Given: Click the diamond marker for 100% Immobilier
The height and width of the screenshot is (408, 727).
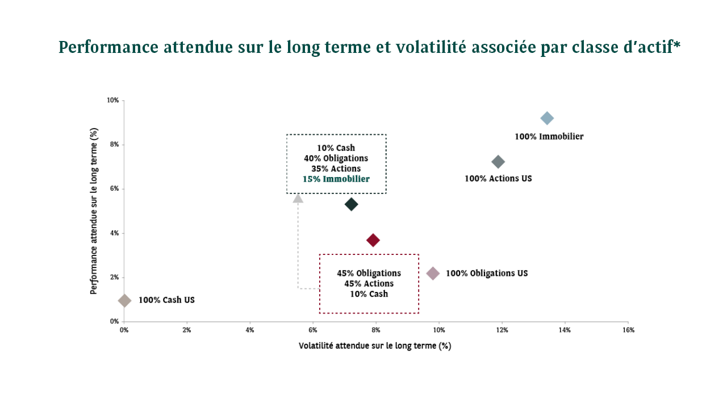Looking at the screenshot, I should pyautogui.click(x=547, y=118).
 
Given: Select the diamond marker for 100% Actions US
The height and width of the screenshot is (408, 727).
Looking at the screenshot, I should pyautogui.click(x=498, y=162).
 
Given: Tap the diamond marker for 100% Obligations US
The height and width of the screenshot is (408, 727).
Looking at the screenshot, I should pyautogui.click(x=433, y=274).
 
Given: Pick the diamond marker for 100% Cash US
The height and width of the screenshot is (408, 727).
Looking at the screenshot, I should pyautogui.click(x=124, y=300).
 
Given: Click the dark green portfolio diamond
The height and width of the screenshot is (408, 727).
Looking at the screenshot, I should pyautogui.click(x=351, y=204).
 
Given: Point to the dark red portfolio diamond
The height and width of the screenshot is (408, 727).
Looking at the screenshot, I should pyautogui.click(x=373, y=240).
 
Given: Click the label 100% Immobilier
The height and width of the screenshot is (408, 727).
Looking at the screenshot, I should pyautogui.click(x=549, y=137).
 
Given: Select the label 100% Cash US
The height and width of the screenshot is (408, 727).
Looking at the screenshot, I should pyautogui.click(x=166, y=300).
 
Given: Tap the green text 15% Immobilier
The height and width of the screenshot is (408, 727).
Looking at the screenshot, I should pyautogui.click(x=336, y=179).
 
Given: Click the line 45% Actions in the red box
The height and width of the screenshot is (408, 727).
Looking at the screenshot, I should pyautogui.click(x=369, y=283).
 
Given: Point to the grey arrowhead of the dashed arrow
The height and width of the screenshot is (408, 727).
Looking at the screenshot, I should pyautogui.click(x=298, y=197).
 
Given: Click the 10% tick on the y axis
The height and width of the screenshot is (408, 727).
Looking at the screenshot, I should pyautogui.click(x=112, y=100).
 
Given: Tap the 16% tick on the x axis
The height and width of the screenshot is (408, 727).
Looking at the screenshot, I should pyautogui.click(x=628, y=330).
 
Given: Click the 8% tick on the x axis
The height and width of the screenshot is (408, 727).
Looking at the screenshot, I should pyautogui.click(x=375, y=330).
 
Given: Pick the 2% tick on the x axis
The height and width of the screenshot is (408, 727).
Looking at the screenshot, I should pyautogui.click(x=187, y=330).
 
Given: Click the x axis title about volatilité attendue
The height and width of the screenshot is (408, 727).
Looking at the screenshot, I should pyautogui.click(x=375, y=345).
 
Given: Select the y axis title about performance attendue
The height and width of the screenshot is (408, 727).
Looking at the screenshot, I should pyautogui.click(x=94, y=211).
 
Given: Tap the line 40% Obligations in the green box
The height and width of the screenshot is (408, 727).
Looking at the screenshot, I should pyautogui.click(x=336, y=158).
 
